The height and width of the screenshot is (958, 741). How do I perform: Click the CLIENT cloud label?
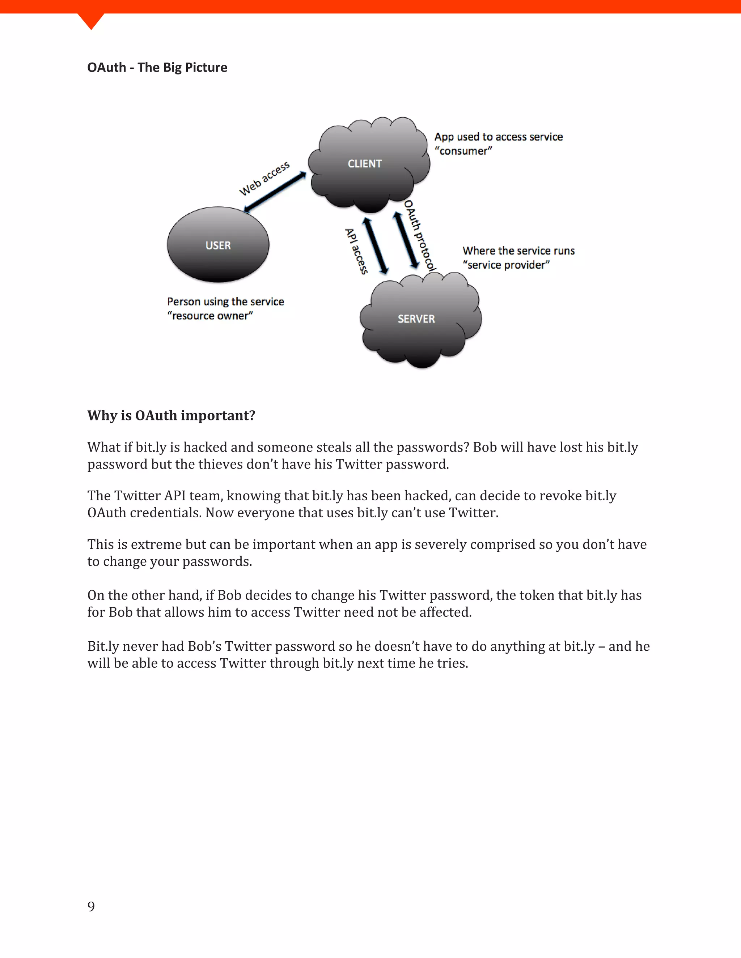[364, 164]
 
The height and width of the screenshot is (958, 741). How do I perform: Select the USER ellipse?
[218, 245]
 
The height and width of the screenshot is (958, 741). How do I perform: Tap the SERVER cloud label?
[416, 319]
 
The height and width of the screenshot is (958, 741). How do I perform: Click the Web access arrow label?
[264, 179]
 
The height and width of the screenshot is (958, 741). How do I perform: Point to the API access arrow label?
[356, 251]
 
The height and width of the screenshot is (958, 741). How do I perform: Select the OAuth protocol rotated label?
[420, 236]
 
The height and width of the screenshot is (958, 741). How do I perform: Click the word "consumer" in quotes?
[463, 151]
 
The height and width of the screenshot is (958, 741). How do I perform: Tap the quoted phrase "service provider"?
[506, 265]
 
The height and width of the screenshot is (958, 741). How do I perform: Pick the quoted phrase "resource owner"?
[210, 316]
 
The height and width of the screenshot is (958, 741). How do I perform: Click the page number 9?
[91, 906]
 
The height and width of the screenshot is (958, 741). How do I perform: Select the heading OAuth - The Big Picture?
[157, 67]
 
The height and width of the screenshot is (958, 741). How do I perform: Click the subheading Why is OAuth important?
[171, 415]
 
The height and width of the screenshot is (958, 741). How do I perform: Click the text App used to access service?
[498, 137]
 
